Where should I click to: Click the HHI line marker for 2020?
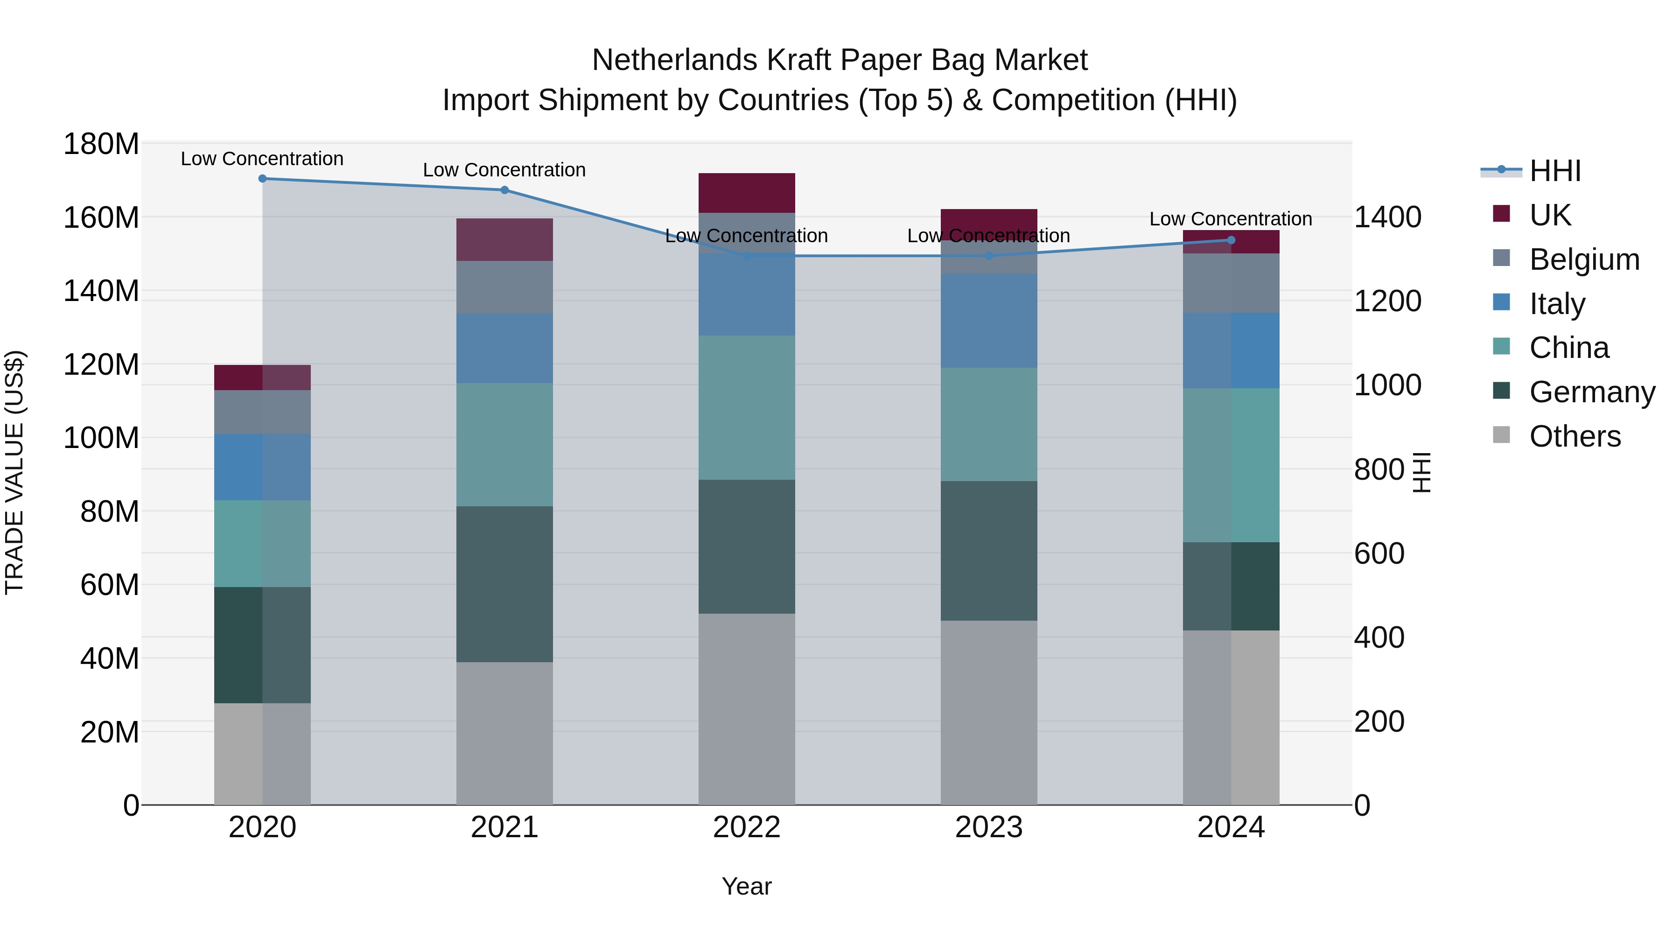point(262,179)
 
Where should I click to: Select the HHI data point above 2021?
point(504,190)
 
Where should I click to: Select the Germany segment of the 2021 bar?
point(504,584)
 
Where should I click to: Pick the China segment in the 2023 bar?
point(989,425)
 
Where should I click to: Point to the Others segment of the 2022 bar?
point(747,709)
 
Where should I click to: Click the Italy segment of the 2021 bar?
point(504,349)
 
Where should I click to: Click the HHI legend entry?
point(1555,171)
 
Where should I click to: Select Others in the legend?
point(1575,436)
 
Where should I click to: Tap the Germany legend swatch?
point(1501,392)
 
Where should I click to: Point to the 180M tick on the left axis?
point(101,144)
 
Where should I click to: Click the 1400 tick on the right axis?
point(1388,217)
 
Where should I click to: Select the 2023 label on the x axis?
point(989,827)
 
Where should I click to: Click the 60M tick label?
point(110,585)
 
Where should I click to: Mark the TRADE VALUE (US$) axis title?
point(14,472)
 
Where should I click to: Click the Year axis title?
point(747,886)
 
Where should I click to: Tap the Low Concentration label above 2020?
point(262,159)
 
